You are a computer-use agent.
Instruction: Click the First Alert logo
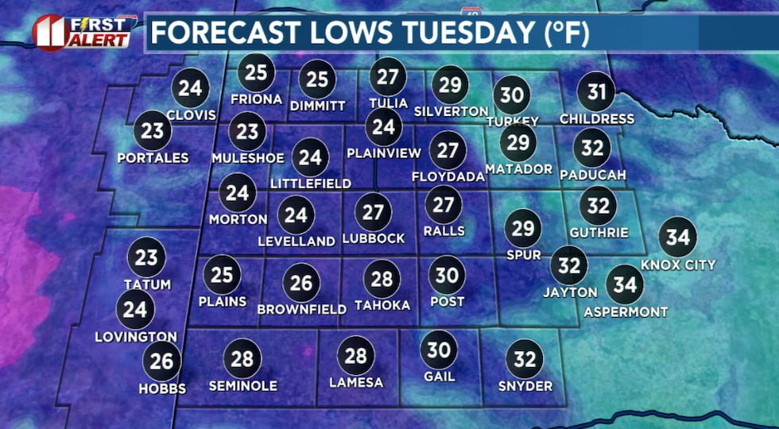(82, 31)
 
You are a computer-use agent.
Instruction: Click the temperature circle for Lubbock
(373, 212)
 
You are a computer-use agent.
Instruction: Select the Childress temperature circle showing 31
(596, 93)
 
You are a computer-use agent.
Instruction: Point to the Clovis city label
(191, 114)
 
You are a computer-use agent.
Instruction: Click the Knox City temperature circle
(678, 238)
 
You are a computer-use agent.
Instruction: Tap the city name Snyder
(524, 386)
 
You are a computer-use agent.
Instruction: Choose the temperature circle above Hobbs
(161, 362)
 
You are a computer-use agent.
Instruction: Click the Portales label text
(153, 157)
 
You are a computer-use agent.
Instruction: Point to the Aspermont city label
(626, 312)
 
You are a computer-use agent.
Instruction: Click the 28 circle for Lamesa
(355, 356)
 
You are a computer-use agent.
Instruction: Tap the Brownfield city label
(302, 309)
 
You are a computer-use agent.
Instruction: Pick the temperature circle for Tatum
(146, 257)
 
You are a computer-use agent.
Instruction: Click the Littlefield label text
(310, 184)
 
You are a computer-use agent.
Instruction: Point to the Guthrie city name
(599, 233)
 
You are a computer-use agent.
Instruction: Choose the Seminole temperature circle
(242, 358)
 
